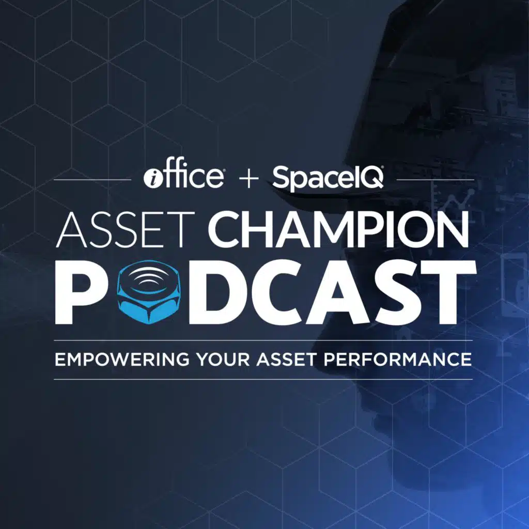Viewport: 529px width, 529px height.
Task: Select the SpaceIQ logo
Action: tap(328, 178)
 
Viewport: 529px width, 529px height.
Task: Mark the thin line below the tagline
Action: tap(263, 379)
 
